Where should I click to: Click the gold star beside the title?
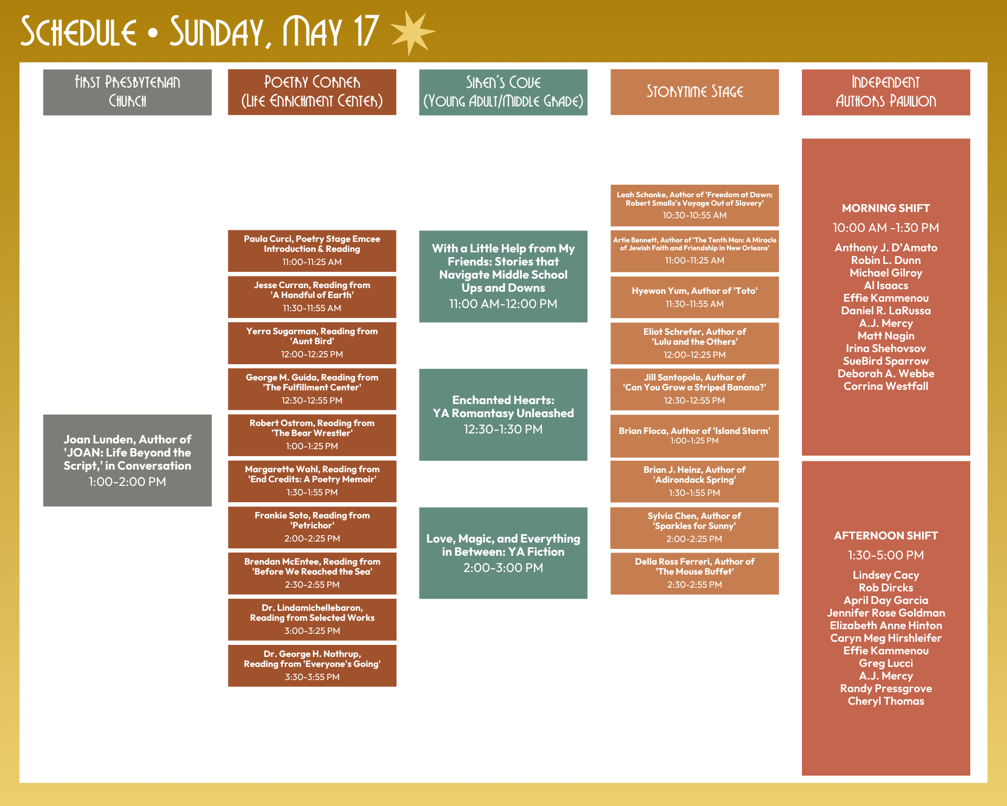pos(412,32)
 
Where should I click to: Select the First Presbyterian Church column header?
pos(127,92)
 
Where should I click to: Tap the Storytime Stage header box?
pos(694,92)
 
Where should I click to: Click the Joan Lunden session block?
pos(127,460)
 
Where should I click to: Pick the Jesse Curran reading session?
pos(312,296)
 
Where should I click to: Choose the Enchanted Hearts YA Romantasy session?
pos(503,415)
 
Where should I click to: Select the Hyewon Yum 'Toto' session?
pos(694,297)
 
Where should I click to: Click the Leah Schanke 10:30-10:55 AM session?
pos(694,205)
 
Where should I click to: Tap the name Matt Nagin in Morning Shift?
pos(886,336)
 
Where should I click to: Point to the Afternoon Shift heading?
pos(886,536)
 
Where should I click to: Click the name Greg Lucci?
pos(886,663)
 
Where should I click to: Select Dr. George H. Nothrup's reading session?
pos(312,665)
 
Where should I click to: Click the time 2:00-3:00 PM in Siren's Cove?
pos(503,568)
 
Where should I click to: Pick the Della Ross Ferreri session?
pos(694,573)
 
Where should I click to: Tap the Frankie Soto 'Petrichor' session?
pos(312,527)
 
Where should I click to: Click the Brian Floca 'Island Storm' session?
pos(694,436)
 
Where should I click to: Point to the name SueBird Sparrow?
pos(886,361)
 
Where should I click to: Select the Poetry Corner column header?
pos(312,92)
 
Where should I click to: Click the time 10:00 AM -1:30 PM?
pos(886,228)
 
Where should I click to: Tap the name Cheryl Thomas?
pos(886,701)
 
